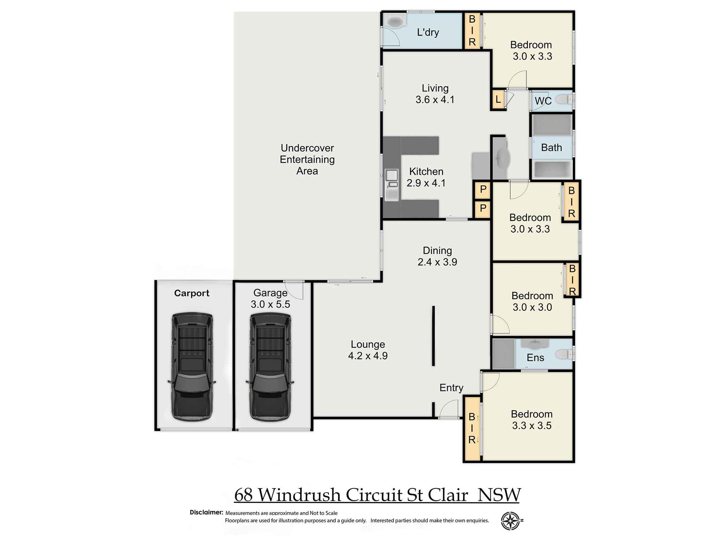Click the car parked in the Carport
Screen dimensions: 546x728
tap(192, 367)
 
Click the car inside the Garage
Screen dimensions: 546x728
tap(270, 367)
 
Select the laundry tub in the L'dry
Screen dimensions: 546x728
tap(394, 22)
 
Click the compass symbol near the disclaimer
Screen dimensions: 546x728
tap(510, 521)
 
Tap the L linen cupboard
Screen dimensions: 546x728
tap(498, 99)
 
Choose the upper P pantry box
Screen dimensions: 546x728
tap(483, 189)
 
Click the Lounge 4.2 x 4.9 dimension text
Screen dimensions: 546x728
tap(368, 356)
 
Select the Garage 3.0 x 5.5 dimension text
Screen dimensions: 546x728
tap(270, 304)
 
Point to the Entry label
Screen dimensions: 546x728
tap(451, 388)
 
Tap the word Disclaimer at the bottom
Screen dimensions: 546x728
tap(206, 512)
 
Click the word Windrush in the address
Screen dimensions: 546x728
tap(299, 495)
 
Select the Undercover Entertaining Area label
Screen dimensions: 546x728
tap(307, 159)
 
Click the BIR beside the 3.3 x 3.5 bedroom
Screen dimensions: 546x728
tap(472, 428)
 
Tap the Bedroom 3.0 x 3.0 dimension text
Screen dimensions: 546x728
tap(532, 307)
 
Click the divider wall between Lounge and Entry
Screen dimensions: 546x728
tap(434, 336)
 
